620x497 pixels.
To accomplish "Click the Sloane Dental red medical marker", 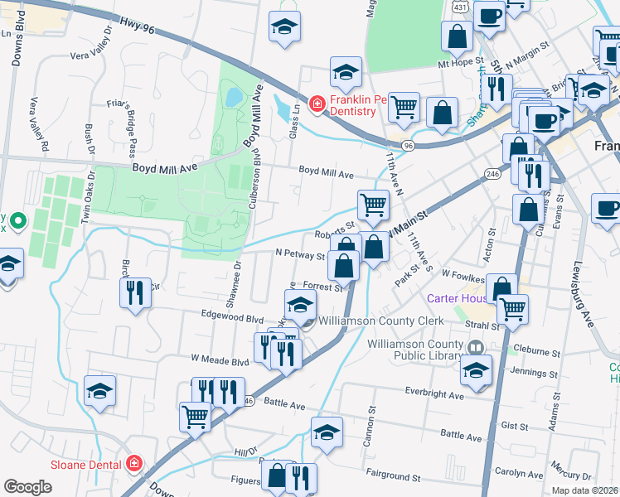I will (134, 464).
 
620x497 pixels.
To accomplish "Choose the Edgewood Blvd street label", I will (232, 317).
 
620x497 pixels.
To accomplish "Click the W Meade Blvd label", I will (220, 360).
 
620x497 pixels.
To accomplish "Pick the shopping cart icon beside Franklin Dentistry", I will (404, 106).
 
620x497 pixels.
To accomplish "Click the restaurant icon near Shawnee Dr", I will (135, 292).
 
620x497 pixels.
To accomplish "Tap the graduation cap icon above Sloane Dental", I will (100, 390).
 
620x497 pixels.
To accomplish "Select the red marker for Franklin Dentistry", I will (316, 104).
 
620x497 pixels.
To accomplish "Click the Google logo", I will (27, 486).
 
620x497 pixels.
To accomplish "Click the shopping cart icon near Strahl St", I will (513, 308).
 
